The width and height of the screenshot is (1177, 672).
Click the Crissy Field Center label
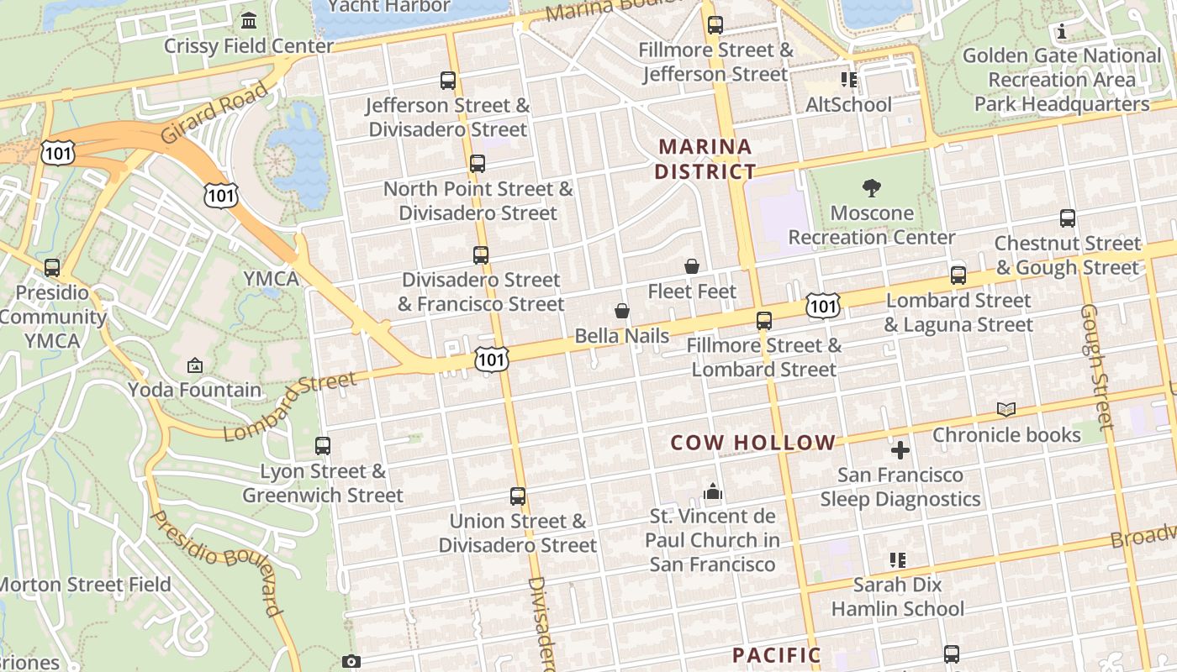[249, 45]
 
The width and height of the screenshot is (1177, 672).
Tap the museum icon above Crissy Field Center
[249, 19]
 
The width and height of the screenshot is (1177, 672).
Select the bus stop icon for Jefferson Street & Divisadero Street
[448, 81]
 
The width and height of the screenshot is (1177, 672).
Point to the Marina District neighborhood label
[705, 159]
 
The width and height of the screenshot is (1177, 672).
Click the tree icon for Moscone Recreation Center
[872, 188]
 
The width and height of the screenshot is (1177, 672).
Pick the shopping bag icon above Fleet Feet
[692, 266]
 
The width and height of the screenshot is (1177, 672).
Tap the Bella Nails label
[622, 336]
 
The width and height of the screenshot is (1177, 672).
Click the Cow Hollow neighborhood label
[753, 443]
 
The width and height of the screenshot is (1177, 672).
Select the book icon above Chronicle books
[1006, 409]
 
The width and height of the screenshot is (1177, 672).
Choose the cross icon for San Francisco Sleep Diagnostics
[900, 450]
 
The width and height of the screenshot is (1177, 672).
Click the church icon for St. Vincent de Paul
[713, 491]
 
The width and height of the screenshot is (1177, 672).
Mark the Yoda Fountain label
[195, 390]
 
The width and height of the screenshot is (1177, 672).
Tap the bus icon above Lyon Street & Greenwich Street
[323, 446]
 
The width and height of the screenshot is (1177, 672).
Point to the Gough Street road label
[1096, 367]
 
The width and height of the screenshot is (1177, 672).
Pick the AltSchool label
[848, 105]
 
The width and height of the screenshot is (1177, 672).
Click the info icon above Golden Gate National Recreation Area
[1063, 32]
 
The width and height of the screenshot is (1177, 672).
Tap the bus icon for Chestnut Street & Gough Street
[1068, 218]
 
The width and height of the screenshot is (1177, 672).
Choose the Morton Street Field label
[85, 584]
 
